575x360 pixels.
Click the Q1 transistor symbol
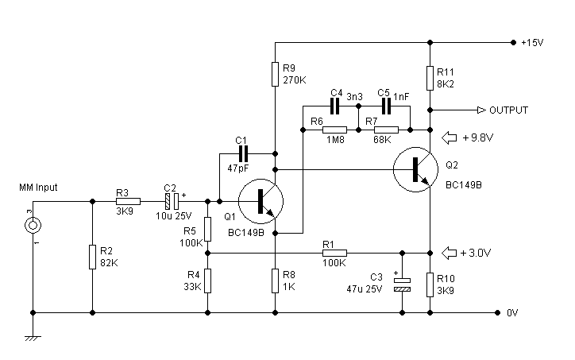click(x=260, y=201)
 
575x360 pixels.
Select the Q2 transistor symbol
click(x=415, y=169)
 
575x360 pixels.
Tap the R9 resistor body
click(x=275, y=74)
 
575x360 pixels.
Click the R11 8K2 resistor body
click(x=430, y=78)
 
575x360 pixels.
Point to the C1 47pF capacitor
click(x=243, y=153)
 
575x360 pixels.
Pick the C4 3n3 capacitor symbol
click(x=335, y=106)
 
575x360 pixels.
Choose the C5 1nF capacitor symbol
click(x=386, y=106)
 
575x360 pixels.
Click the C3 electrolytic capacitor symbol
click(x=402, y=285)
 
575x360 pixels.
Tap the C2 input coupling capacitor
click(x=172, y=201)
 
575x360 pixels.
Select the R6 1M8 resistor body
click(x=335, y=130)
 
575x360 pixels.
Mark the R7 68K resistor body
click(x=386, y=130)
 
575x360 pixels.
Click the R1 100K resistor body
click(x=335, y=253)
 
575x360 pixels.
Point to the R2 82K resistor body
click(x=92, y=257)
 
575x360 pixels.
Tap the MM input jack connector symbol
click(x=33, y=225)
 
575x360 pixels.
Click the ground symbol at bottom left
click(x=33, y=338)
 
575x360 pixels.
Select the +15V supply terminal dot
click(x=513, y=43)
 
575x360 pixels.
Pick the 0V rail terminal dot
click(x=497, y=312)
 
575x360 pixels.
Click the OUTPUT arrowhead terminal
click(x=481, y=110)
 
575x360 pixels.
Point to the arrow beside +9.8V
click(x=450, y=137)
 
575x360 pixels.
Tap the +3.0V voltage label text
click(x=475, y=253)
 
